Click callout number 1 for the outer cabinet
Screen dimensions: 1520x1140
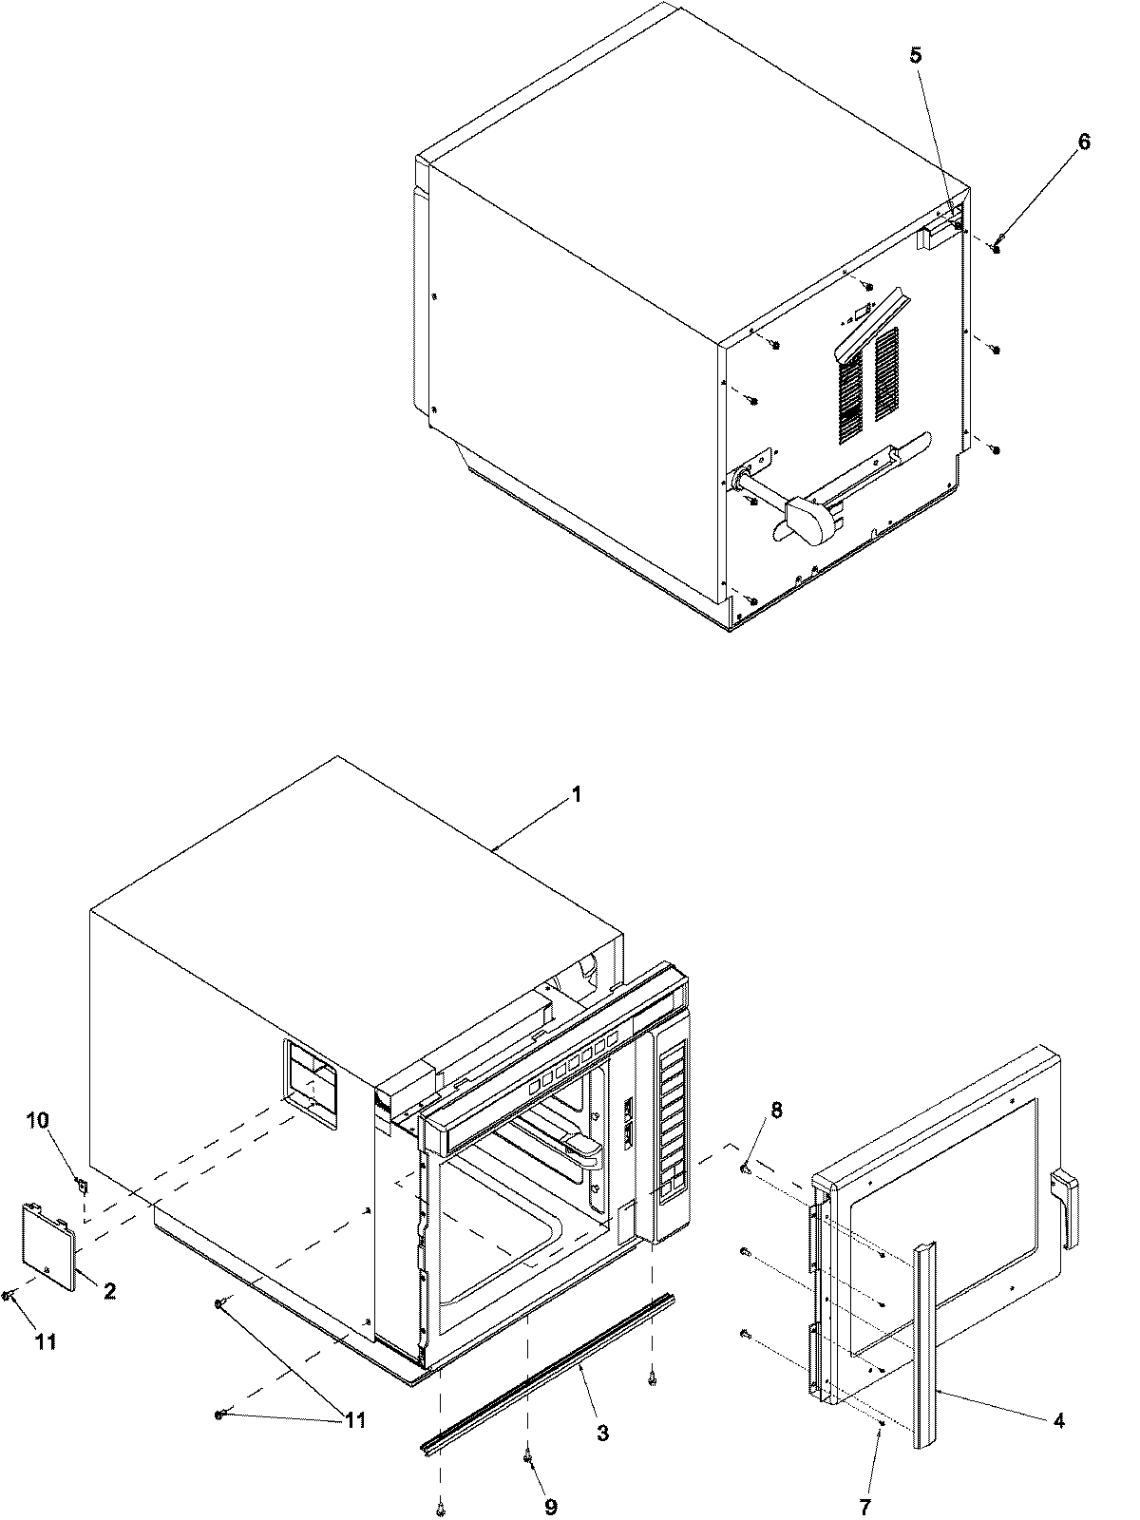576,795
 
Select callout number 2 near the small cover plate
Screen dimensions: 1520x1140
109,1291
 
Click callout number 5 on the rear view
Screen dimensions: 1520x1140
915,56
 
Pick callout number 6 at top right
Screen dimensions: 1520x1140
1057,142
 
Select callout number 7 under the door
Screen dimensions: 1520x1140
864,1506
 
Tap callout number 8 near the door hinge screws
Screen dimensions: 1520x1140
776,1109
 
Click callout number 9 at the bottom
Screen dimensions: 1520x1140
550,1506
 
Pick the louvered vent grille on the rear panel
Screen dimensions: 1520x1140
868,385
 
